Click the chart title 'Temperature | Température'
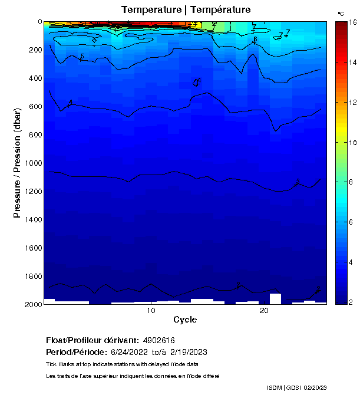coord(186,10)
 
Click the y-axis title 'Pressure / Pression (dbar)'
coord(17,162)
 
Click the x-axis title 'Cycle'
coord(185,320)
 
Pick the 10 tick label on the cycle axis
coord(151,311)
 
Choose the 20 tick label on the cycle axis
coord(265,311)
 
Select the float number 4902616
coord(158,340)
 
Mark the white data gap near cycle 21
coord(275,298)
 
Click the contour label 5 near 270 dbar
coord(81,57)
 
